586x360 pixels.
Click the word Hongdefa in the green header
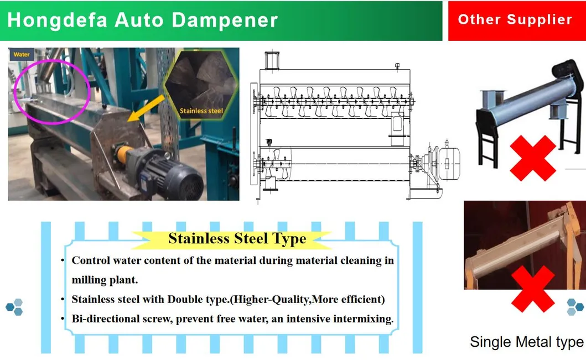pyautogui.click(x=57, y=20)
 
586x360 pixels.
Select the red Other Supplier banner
pyautogui.click(x=517, y=20)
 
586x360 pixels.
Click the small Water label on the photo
pyautogui.click(x=21, y=55)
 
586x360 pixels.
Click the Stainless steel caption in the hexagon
pyautogui.click(x=201, y=111)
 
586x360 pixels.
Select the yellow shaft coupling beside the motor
pyautogui.click(x=123, y=154)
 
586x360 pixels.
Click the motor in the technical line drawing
pyautogui.click(x=448, y=163)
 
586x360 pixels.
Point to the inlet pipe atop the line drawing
pyautogui.click(x=272, y=60)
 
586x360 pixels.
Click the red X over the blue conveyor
pyautogui.click(x=532, y=158)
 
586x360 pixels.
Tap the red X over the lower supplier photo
pyautogui.click(x=532, y=289)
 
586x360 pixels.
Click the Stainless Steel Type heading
pyautogui.click(x=237, y=239)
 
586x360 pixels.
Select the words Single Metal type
pyautogui.click(x=527, y=342)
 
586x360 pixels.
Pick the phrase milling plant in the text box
pyautogui.click(x=105, y=280)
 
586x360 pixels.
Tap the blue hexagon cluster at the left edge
pyautogui.click(x=14, y=307)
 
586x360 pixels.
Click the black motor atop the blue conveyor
pyautogui.click(x=568, y=75)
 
